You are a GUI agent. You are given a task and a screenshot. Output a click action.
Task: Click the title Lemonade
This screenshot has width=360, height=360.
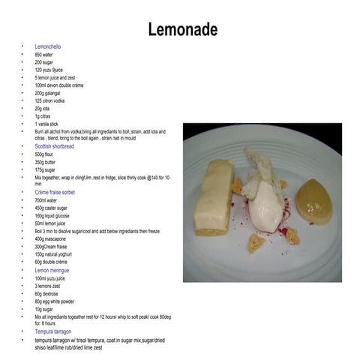tap(182, 30)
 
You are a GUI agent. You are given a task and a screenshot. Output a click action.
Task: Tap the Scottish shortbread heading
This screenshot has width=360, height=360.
tap(61, 146)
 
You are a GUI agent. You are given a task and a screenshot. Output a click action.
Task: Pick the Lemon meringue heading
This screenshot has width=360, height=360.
tap(55, 270)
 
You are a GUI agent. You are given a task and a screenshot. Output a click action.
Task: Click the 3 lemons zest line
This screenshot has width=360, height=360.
tap(48, 286)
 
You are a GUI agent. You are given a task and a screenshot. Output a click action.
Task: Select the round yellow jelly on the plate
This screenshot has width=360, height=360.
tap(314, 198)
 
